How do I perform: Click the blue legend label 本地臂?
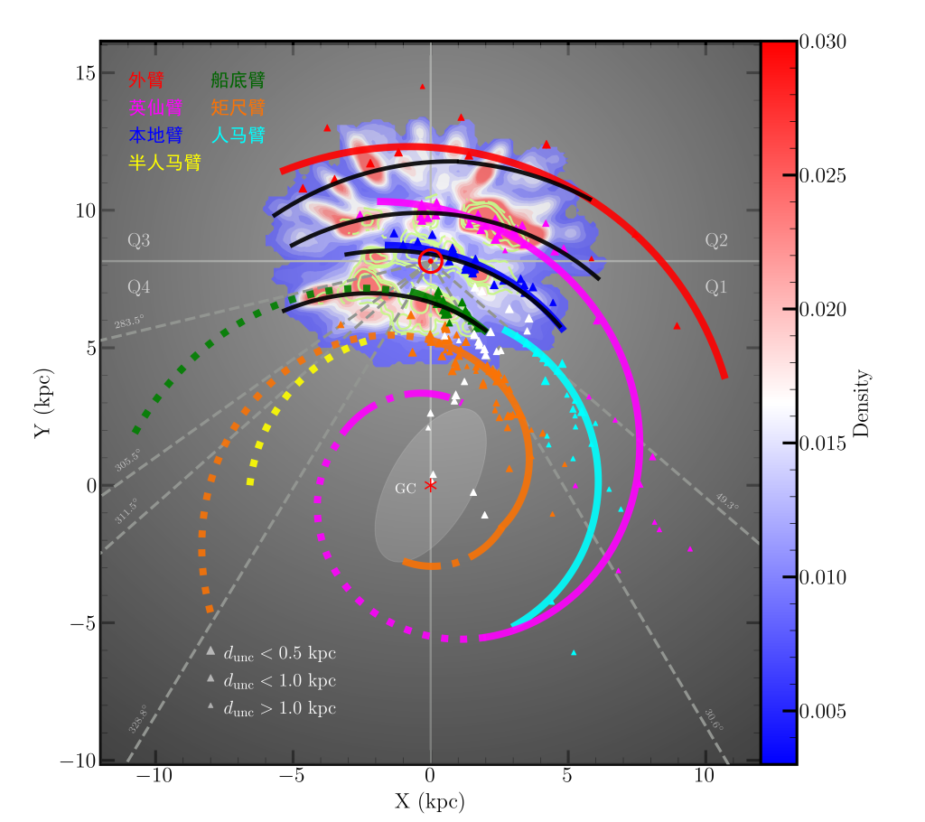click(155, 135)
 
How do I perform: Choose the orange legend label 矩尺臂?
click(238, 107)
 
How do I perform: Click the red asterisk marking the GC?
click(431, 486)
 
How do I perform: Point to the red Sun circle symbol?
click(431, 261)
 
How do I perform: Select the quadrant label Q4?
click(139, 287)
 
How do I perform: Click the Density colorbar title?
click(860, 403)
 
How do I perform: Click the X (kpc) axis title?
click(430, 801)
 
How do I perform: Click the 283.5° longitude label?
click(128, 322)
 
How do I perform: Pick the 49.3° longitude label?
click(726, 500)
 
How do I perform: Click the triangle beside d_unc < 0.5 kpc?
click(210, 651)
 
